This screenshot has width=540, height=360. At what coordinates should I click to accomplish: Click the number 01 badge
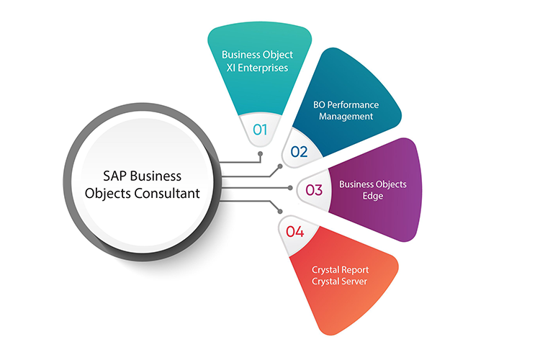click(x=260, y=130)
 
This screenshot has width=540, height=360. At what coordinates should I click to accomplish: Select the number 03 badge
click(x=314, y=190)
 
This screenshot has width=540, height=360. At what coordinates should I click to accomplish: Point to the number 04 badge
click(x=295, y=231)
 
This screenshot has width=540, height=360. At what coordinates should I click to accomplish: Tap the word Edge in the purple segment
click(x=373, y=196)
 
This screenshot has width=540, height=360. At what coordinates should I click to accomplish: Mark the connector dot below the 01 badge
click(x=260, y=153)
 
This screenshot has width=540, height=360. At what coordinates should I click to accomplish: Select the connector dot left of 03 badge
click(x=290, y=188)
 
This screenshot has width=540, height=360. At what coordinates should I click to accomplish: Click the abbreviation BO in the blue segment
click(x=320, y=104)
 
